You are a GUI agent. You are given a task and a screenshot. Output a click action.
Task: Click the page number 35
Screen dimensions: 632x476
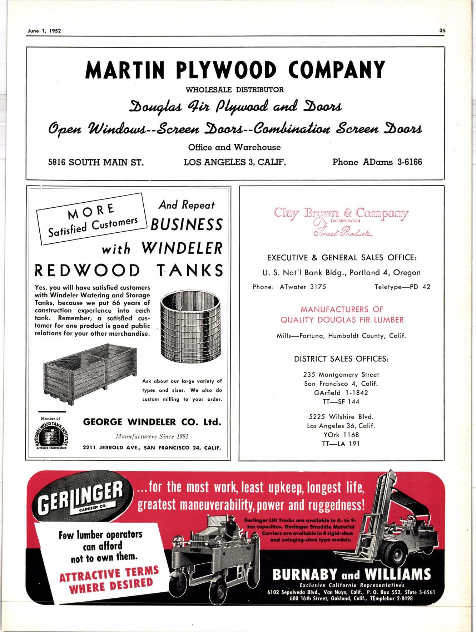[x=442, y=31]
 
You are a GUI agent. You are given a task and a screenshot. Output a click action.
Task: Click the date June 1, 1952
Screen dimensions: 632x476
[x=44, y=31]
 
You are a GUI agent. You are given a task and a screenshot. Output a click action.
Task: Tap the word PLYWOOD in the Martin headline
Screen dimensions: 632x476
[x=227, y=70]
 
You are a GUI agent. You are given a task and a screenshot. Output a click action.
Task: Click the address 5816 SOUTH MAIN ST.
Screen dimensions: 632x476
[x=96, y=162]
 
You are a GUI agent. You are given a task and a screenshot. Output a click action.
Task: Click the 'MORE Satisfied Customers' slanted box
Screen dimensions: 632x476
[x=93, y=219]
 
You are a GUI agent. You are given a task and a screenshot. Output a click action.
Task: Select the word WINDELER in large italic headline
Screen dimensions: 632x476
[x=182, y=248]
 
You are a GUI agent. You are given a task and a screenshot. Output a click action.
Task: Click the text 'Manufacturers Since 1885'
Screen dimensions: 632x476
[x=152, y=436]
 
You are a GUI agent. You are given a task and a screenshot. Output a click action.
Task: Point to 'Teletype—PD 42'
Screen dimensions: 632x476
[x=402, y=287]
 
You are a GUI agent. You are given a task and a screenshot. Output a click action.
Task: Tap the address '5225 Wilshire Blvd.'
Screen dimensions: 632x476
[x=341, y=417]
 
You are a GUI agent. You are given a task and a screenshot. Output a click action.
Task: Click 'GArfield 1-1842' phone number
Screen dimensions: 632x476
[x=341, y=392]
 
